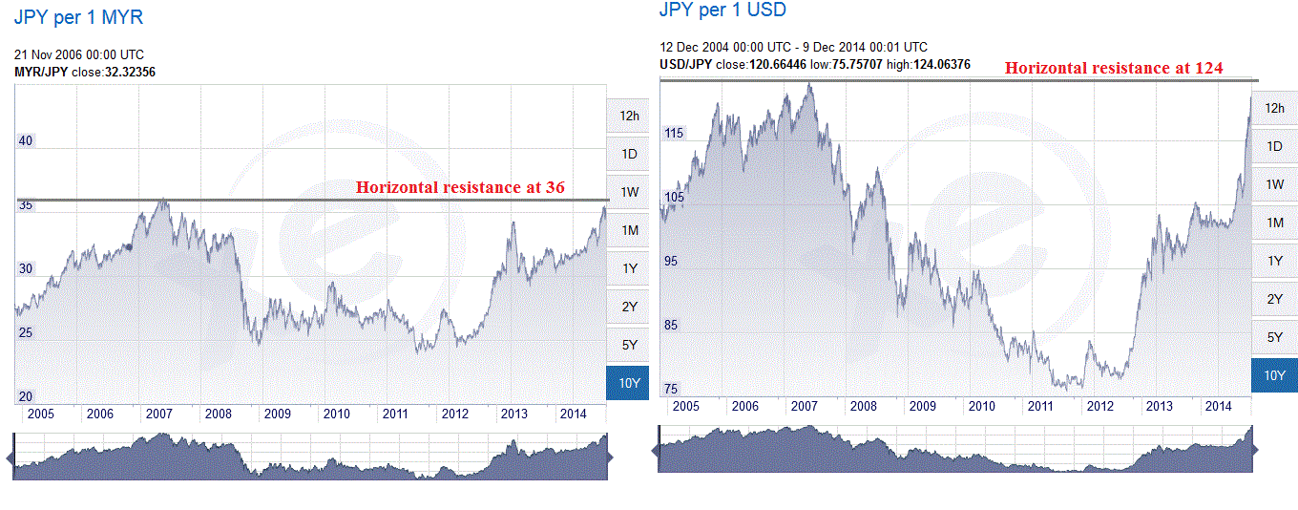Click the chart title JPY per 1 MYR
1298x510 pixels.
79,17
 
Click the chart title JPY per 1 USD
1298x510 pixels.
722,11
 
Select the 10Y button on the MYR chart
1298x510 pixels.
629,383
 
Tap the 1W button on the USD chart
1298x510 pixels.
1274,184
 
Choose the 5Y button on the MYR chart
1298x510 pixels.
629,345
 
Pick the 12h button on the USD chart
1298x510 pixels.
1274,108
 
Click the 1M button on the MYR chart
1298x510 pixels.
629,230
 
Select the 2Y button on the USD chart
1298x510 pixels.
1274,299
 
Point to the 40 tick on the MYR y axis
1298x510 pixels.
26,141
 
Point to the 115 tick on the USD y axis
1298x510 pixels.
674,134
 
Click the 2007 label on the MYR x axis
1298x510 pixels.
158,414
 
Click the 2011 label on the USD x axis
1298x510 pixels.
1040,406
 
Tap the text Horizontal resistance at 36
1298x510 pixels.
460,187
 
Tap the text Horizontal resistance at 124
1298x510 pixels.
1114,68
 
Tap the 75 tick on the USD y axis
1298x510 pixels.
672,389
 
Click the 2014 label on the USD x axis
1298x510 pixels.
1218,406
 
